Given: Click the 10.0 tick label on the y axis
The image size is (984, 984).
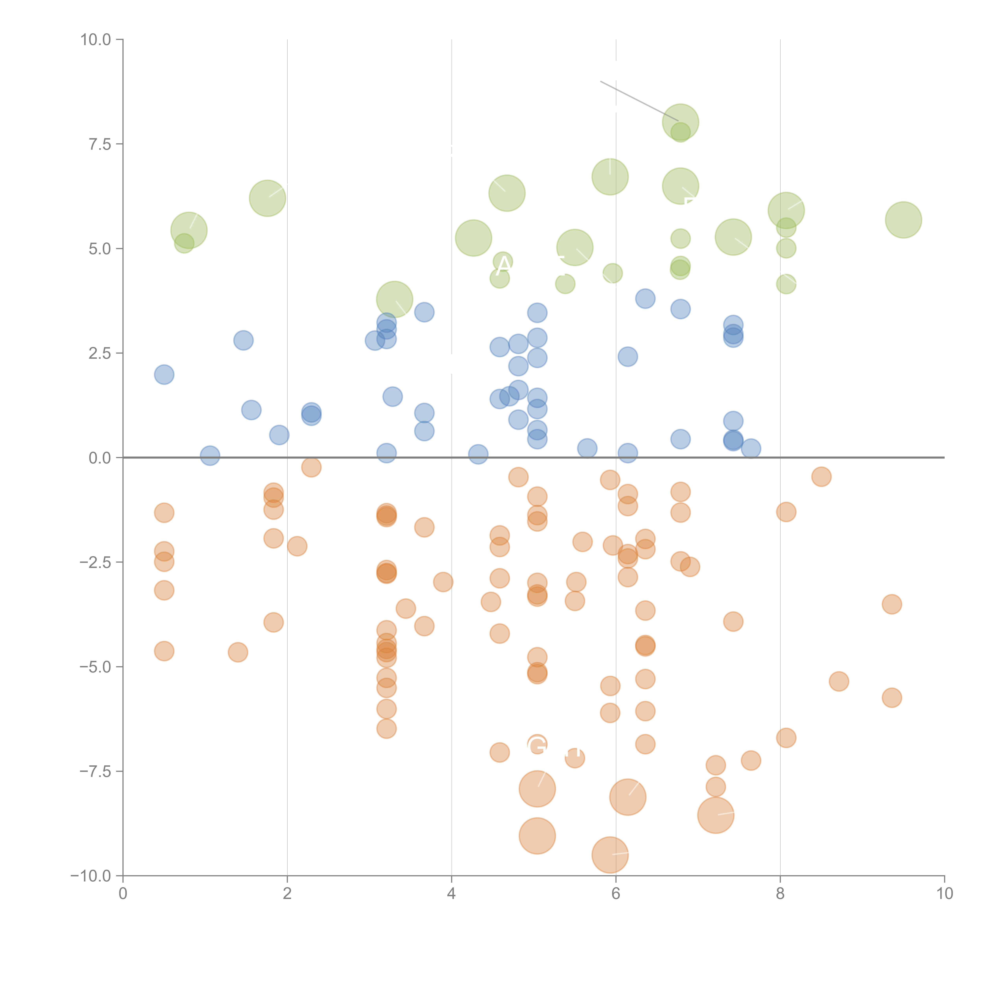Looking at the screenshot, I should [96, 40].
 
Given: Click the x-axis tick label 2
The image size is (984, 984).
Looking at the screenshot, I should [287, 894].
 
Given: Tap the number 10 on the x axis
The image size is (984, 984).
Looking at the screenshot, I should [944, 894].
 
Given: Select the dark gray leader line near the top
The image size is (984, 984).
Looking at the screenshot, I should [639, 101].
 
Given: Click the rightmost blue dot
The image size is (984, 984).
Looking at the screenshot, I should [751, 449].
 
